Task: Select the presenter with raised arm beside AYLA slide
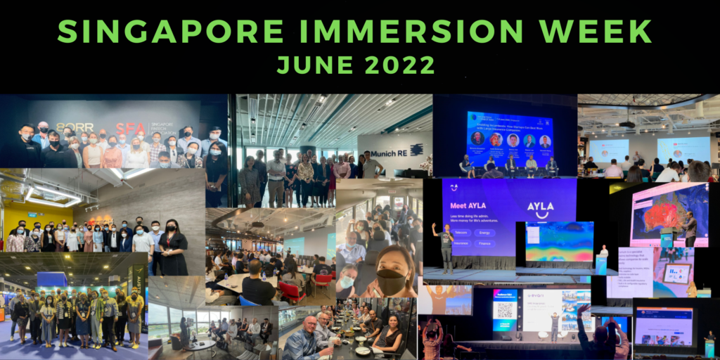coord(444,246)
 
